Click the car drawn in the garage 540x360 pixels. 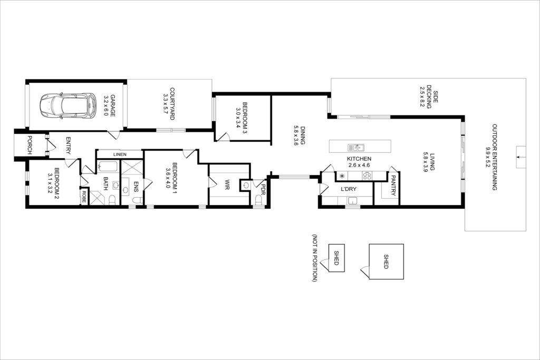click(68, 105)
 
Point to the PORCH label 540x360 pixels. click(30, 145)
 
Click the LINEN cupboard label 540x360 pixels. click(120, 154)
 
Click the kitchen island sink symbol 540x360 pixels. click(356, 148)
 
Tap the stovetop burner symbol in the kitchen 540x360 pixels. click(367, 176)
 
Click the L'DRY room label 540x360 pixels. click(349, 189)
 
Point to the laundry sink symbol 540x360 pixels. click(352, 201)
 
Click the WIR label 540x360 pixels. click(228, 185)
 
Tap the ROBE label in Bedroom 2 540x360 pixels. click(84, 196)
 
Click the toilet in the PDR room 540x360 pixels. click(258, 200)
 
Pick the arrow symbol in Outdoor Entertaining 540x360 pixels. click(520, 157)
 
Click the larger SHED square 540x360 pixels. click(386, 261)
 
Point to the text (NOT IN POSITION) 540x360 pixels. click(314, 258)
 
